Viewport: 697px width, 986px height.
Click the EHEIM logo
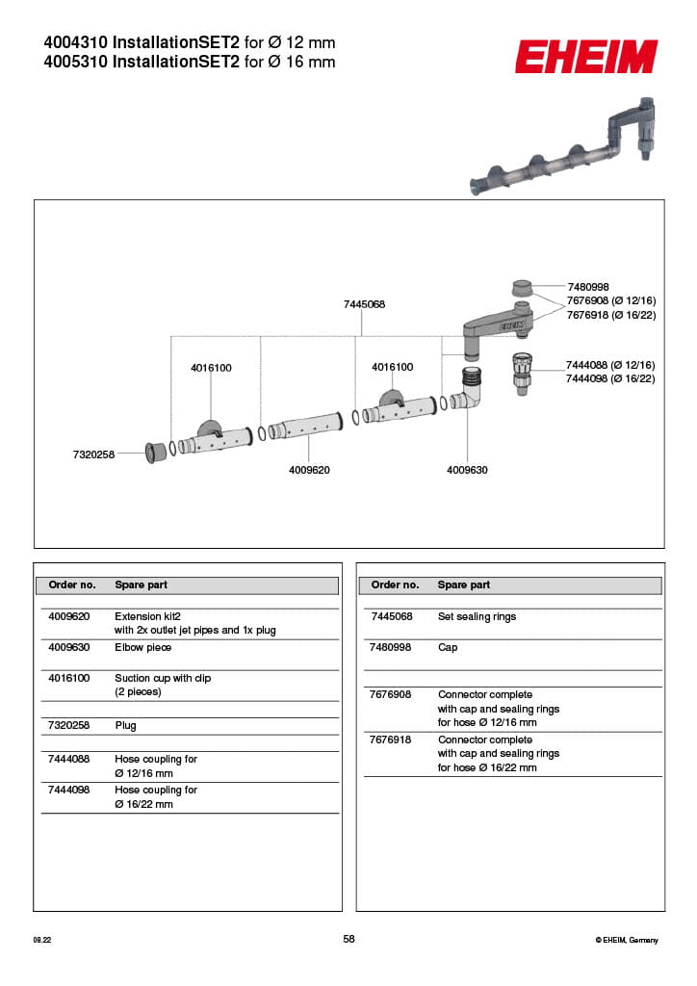click(x=585, y=57)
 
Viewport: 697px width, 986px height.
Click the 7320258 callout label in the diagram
click(x=93, y=454)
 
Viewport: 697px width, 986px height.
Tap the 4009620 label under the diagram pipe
click(x=309, y=470)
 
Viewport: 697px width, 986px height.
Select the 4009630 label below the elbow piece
click(x=467, y=470)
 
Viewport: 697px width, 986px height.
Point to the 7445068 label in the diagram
click(x=364, y=304)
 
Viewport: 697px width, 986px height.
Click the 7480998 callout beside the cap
click(x=588, y=287)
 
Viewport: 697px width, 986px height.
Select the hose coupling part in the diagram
click(x=521, y=373)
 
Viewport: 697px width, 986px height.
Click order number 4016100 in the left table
click(x=68, y=678)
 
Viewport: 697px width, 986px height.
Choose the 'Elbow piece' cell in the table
click(x=142, y=647)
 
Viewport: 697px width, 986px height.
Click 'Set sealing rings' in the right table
click(x=477, y=616)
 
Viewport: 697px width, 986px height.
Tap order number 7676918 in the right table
click(x=390, y=739)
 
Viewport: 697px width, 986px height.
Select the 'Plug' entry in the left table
click(x=125, y=725)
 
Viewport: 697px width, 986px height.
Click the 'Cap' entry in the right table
click(x=448, y=647)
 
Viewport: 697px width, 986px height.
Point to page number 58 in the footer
click(x=348, y=939)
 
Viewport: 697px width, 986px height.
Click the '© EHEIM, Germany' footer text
click(x=627, y=940)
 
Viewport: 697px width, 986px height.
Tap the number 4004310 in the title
click(x=76, y=43)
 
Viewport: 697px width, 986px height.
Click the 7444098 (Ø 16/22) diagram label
click(x=610, y=379)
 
